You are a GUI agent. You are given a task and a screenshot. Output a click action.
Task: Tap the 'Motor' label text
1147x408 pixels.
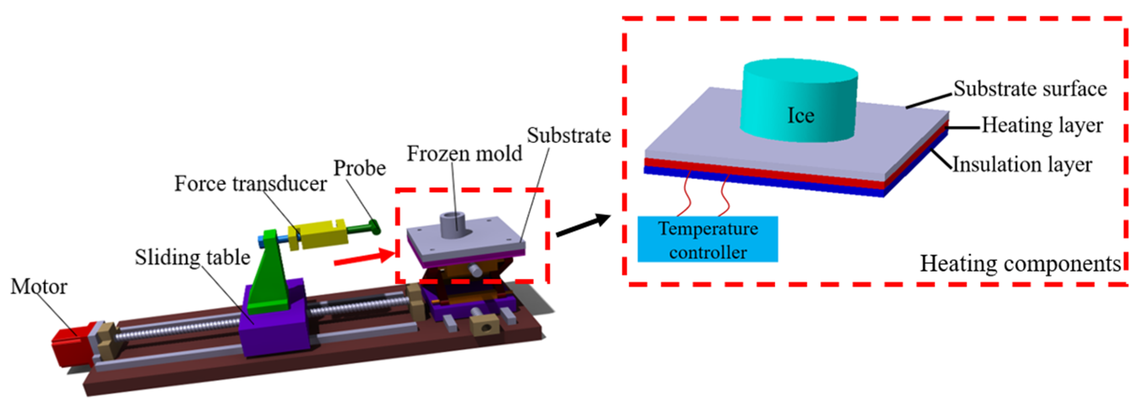pos(39,287)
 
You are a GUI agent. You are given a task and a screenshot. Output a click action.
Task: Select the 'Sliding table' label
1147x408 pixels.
pos(192,258)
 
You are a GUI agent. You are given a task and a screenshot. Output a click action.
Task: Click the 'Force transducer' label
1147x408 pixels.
pos(250,184)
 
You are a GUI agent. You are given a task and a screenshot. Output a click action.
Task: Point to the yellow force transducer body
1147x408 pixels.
pos(318,234)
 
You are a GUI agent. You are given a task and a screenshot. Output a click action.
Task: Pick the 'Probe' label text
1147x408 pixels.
pos(360,168)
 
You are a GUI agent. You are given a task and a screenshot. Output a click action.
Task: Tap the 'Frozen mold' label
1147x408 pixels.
pos(464,154)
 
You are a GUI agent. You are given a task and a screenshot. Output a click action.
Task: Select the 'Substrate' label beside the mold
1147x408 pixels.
pos(568,135)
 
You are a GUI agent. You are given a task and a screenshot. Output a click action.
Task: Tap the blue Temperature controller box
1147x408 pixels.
pos(708,240)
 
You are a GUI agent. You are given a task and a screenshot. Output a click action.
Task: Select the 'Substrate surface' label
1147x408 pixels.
pos(1030,89)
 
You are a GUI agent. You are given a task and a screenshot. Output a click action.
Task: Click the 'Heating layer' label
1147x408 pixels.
pos(1042,125)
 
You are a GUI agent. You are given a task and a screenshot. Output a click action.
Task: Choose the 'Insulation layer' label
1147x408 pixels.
pos(1022,165)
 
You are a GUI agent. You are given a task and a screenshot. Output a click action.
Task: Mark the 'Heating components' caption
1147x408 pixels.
pos(1020,264)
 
